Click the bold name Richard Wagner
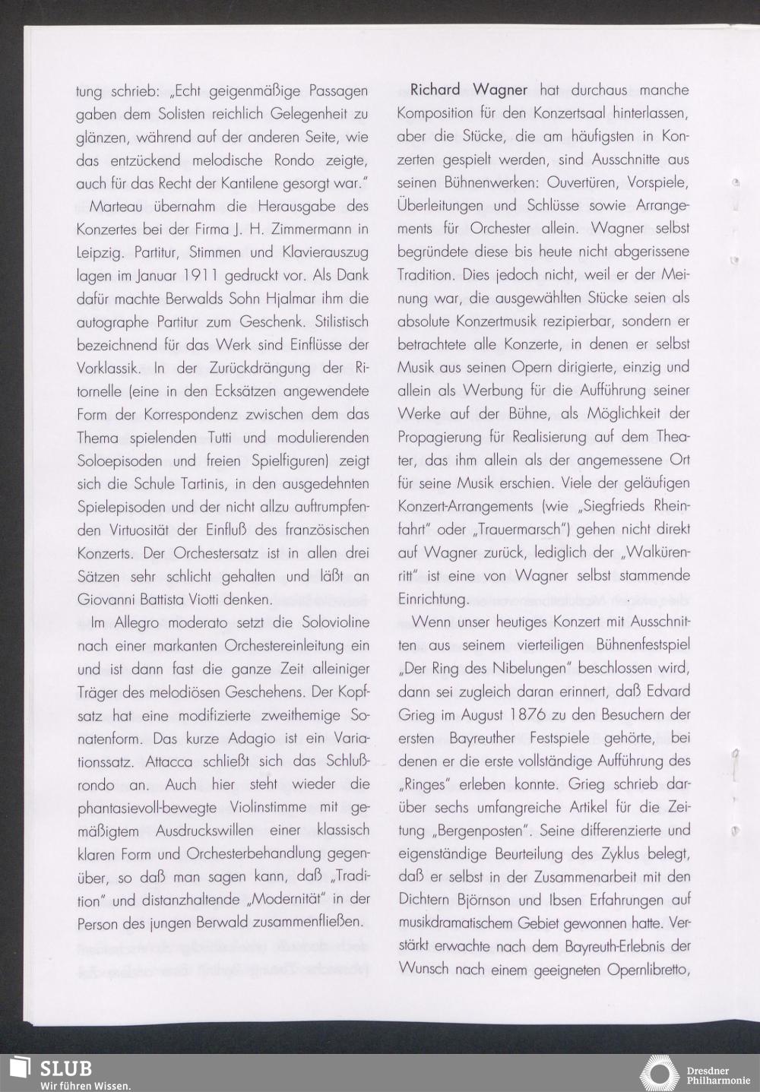click(x=468, y=90)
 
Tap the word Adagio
click(x=258, y=739)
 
